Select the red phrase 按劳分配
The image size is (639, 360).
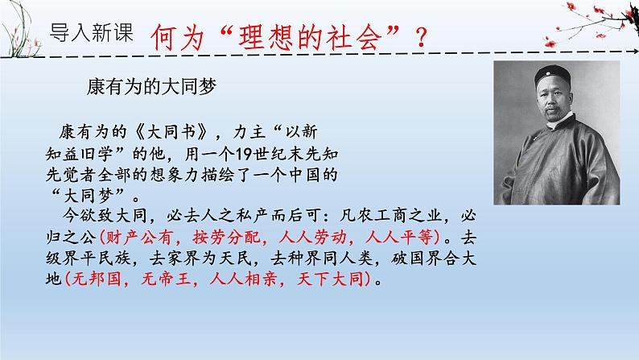pos(222,238)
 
